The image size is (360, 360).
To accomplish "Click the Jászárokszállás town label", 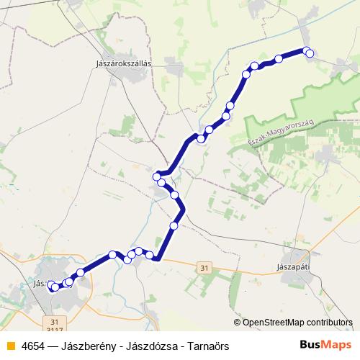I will point(123,63).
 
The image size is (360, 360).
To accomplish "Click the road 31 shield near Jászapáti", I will point(206,267).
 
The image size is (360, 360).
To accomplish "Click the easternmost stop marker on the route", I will point(310,53).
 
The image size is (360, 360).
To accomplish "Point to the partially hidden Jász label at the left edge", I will point(40,284).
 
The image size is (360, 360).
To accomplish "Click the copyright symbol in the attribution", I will point(237,323).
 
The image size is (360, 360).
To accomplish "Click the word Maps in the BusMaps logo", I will point(335,346).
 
